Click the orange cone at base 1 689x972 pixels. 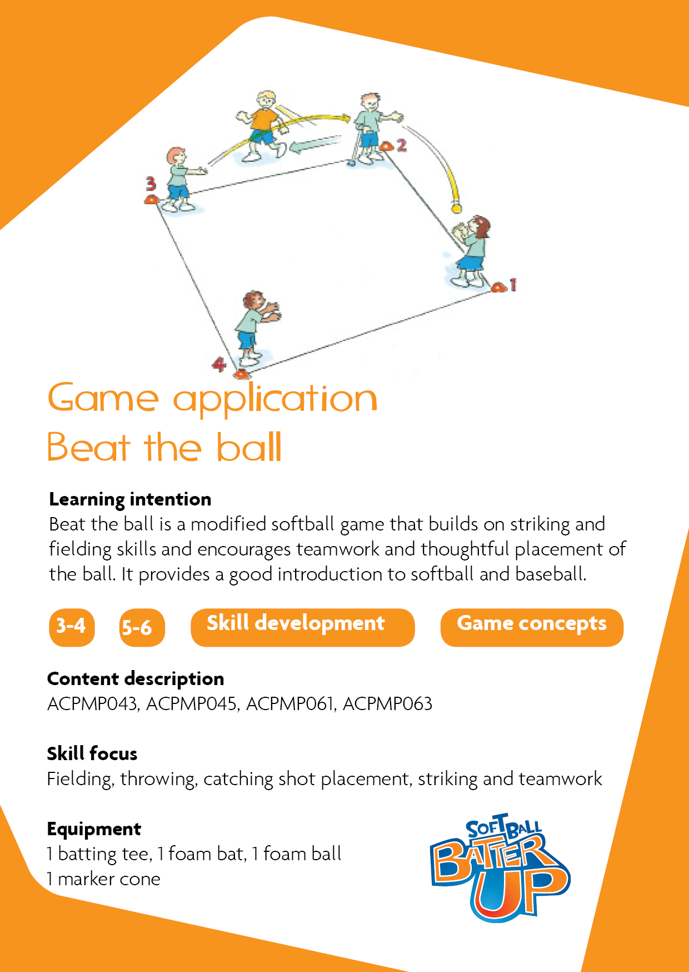498,287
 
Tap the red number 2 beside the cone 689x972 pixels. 401,146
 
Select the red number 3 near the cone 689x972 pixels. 151,184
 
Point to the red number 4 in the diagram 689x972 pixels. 219,365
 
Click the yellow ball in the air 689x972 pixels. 456,209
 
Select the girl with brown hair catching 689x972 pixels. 470,250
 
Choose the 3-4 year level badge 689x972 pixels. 72,627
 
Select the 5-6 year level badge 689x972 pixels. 142,627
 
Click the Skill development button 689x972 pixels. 303,627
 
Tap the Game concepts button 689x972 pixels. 532,627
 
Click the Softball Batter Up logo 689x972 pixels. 500,867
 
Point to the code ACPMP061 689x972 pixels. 291,704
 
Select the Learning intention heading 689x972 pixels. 130,499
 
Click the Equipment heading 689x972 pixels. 94,829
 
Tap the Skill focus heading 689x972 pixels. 92,753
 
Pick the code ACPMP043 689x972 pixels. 92,704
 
